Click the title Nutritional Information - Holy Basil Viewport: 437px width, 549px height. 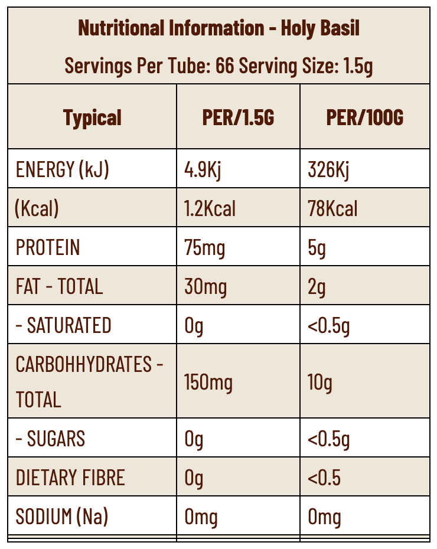pyautogui.click(x=218, y=28)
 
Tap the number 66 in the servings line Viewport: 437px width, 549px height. pyautogui.click(x=225, y=65)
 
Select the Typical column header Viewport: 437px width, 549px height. pyautogui.click(x=92, y=117)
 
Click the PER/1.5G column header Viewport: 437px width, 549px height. pyautogui.click(x=238, y=117)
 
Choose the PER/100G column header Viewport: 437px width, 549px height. pyautogui.click(x=364, y=117)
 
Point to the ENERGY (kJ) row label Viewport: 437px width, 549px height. pyautogui.click(x=63, y=170)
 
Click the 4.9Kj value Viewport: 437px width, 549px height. pyautogui.click(x=202, y=170)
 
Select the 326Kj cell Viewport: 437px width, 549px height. pyautogui.click(x=328, y=170)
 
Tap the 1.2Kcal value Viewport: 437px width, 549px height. pyautogui.click(x=210, y=208)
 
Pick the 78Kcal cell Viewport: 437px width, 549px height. pyautogui.click(x=332, y=208)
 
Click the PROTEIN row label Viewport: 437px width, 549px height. pyautogui.click(x=48, y=247)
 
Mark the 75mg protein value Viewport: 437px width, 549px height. pyautogui.click(x=204, y=247)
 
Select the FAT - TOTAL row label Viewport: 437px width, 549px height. pyautogui.click(x=59, y=286)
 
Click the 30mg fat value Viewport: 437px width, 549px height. pyautogui.click(x=205, y=286)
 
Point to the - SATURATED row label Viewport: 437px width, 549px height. pyautogui.click(x=63, y=325)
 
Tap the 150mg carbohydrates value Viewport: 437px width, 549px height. pyautogui.click(x=208, y=382)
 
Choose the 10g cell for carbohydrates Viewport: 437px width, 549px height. pyautogui.click(x=319, y=382)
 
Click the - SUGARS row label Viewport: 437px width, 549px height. pyautogui.click(x=50, y=439)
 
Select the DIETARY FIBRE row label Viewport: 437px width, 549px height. pyautogui.click(x=70, y=478)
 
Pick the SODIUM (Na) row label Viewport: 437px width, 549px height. pyautogui.click(x=62, y=517)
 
